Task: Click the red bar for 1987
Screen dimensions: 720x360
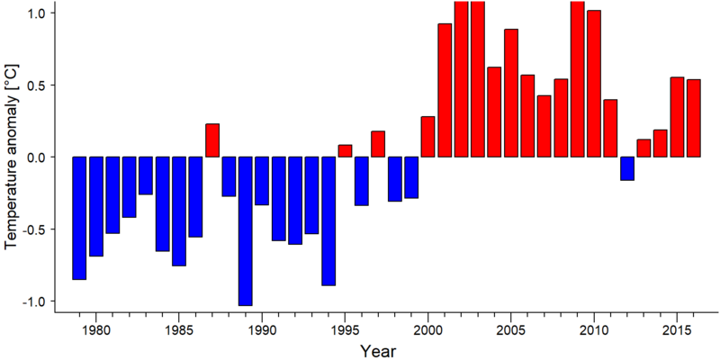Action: (212, 140)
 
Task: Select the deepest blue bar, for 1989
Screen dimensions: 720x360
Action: (245, 231)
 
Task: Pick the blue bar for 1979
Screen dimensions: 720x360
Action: (79, 218)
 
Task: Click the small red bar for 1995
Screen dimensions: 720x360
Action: (345, 151)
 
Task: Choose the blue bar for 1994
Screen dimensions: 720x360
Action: (328, 220)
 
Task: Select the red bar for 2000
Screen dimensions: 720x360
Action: (428, 137)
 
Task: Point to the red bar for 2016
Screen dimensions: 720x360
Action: (694, 118)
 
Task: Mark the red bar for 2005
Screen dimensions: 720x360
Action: (511, 93)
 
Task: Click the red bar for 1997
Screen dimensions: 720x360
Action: (378, 144)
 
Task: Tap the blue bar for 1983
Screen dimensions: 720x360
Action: (146, 175)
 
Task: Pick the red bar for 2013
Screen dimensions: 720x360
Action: (643, 148)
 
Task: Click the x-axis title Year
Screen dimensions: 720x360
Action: (377, 351)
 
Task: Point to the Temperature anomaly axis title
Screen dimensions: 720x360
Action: (12, 157)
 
